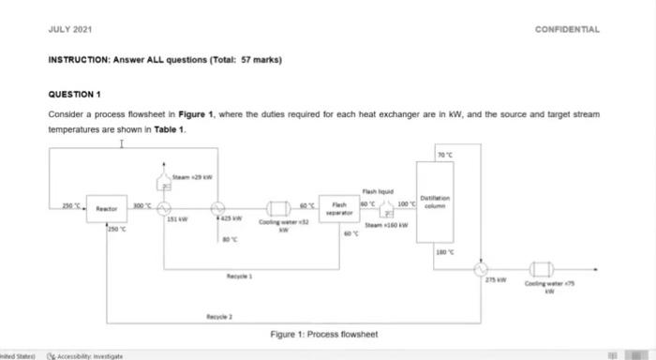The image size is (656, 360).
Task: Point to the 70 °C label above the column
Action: pyautogui.click(x=444, y=154)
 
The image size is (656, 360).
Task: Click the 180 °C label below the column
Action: pyautogui.click(x=444, y=251)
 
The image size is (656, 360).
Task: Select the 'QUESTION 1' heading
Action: pyautogui.click(x=74, y=95)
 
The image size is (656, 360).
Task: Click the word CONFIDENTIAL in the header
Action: pyautogui.click(x=567, y=29)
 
